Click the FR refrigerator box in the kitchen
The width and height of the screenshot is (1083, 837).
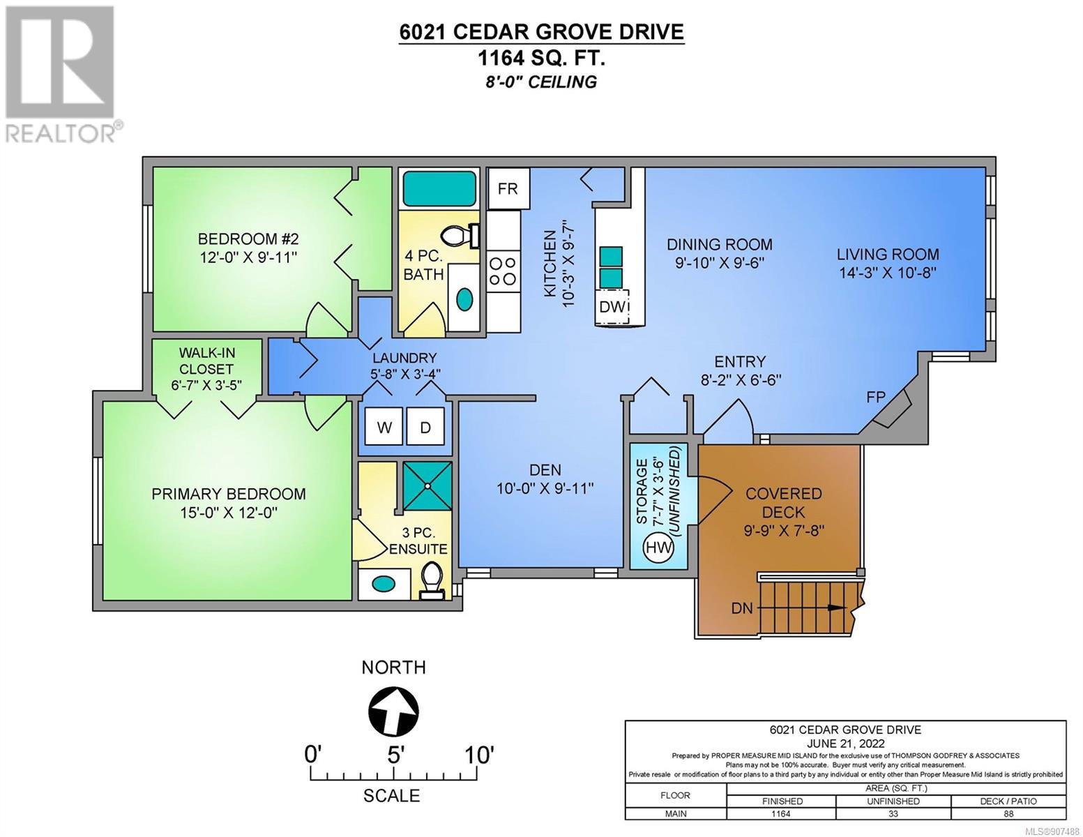(508, 188)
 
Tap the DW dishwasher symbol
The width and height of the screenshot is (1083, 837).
(612, 307)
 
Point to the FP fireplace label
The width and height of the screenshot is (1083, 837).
(876, 397)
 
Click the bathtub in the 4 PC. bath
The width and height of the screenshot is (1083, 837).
(439, 188)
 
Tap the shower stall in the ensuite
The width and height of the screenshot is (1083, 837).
(427, 486)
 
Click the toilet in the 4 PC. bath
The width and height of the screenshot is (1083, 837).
(460, 236)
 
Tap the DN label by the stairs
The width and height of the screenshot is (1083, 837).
(741, 608)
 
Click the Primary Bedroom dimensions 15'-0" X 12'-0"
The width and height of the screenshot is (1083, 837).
(229, 513)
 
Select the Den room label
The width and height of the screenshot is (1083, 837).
(545, 469)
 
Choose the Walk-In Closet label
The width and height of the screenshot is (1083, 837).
(206, 361)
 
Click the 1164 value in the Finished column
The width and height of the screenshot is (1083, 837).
(782, 814)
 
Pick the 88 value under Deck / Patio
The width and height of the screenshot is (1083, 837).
(1008, 814)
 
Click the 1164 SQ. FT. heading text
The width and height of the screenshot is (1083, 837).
(541, 59)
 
